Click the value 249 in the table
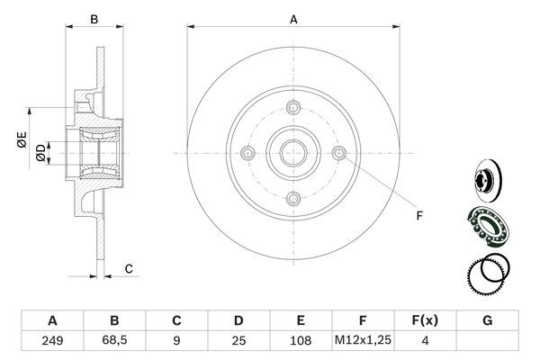click(x=52, y=342)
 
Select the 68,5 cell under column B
click(x=114, y=342)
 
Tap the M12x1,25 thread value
click(x=363, y=342)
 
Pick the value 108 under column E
click(x=301, y=342)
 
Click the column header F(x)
click(x=425, y=319)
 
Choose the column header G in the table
click(x=487, y=319)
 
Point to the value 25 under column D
click(x=238, y=342)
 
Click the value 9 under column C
click(x=176, y=342)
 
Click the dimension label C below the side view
click(x=129, y=268)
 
